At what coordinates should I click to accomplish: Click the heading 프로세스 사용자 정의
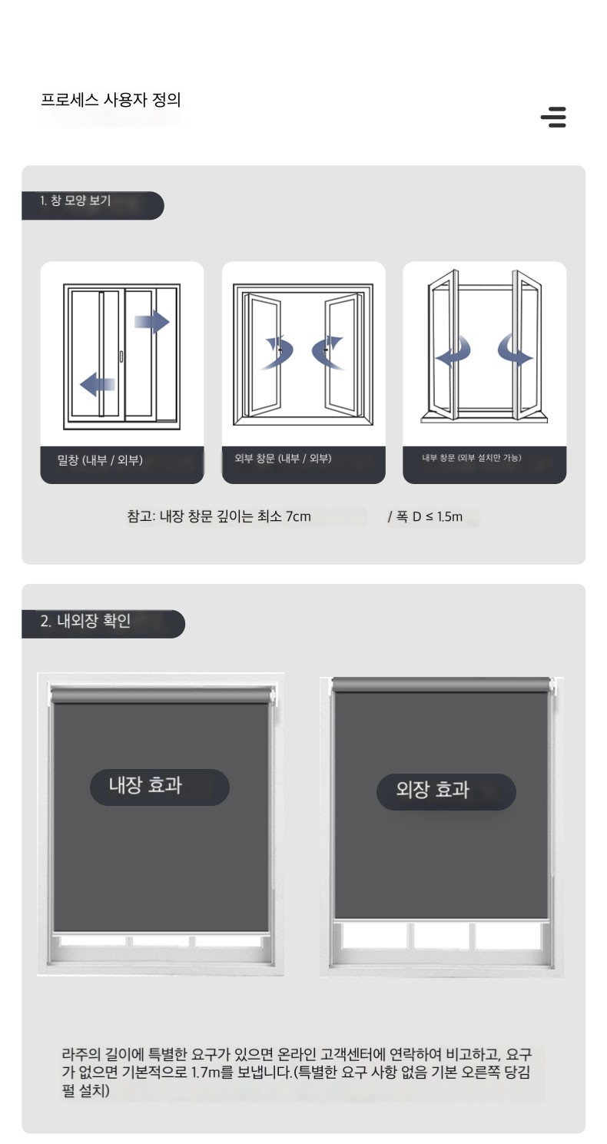(x=111, y=99)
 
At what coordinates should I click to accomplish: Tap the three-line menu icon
(x=553, y=117)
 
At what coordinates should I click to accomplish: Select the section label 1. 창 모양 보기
(x=75, y=201)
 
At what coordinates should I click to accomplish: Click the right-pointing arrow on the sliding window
(x=152, y=322)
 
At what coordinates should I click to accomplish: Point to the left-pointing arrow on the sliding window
(x=98, y=384)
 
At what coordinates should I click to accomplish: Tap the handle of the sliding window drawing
(x=121, y=356)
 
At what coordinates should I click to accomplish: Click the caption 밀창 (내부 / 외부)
(x=100, y=460)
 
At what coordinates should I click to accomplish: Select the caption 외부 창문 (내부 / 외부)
(x=283, y=459)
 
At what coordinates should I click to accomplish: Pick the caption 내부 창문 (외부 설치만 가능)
(x=472, y=458)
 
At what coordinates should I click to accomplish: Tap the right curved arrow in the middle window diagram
(x=327, y=352)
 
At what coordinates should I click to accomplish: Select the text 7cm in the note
(x=298, y=517)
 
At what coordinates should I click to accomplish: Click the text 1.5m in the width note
(x=449, y=517)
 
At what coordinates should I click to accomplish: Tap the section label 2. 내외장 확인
(x=86, y=621)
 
